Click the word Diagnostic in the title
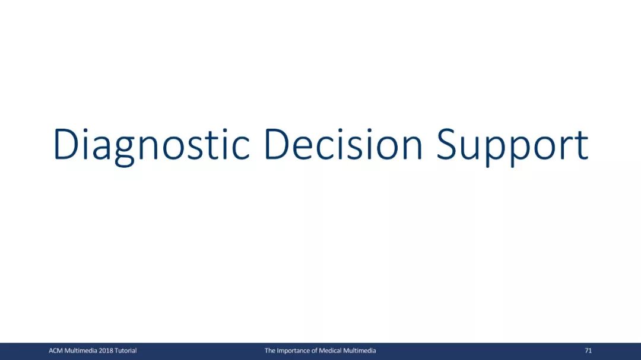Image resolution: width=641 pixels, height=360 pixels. pyautogui.click(x=151, y=146)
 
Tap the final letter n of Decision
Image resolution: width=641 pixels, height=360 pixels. pyautogui.click(x=412, y=148)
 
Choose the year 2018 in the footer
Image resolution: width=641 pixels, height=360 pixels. pyautogui.click(x=106, y=351)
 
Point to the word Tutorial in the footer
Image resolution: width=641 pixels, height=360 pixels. pyautogui.click(x=125, y=351)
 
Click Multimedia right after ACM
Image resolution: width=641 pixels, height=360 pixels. pyautogui.click(x=81, y=351)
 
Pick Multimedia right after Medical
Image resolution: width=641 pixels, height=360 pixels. pyautogui.click(x=359, y=351)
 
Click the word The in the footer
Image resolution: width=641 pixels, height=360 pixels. pyautogui.click(x=270, y=351)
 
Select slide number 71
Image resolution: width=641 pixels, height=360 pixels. pyautogui.click(x=588, y=351)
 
